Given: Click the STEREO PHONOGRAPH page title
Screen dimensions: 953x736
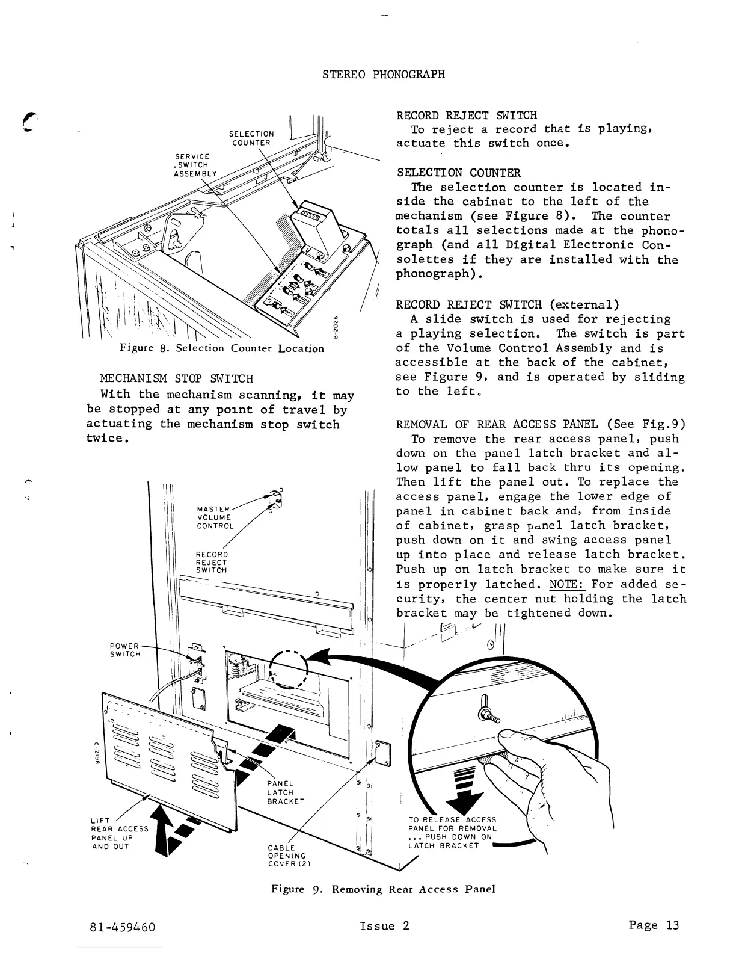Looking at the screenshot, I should [384, 75].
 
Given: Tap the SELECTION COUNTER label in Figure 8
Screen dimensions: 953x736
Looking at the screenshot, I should [251, 138].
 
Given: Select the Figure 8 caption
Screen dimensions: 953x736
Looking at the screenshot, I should [222, 348].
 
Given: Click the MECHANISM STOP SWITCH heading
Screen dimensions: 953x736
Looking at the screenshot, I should [177, 379].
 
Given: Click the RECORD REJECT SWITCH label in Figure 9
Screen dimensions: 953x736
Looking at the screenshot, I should [212, 562].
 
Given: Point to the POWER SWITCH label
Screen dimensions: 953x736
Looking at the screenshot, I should [125, 650].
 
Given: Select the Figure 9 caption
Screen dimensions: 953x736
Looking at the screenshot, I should [383, 889].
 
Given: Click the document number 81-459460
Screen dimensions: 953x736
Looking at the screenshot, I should [123, 927].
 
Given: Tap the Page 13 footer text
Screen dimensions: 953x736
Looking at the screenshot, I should [654, 925].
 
